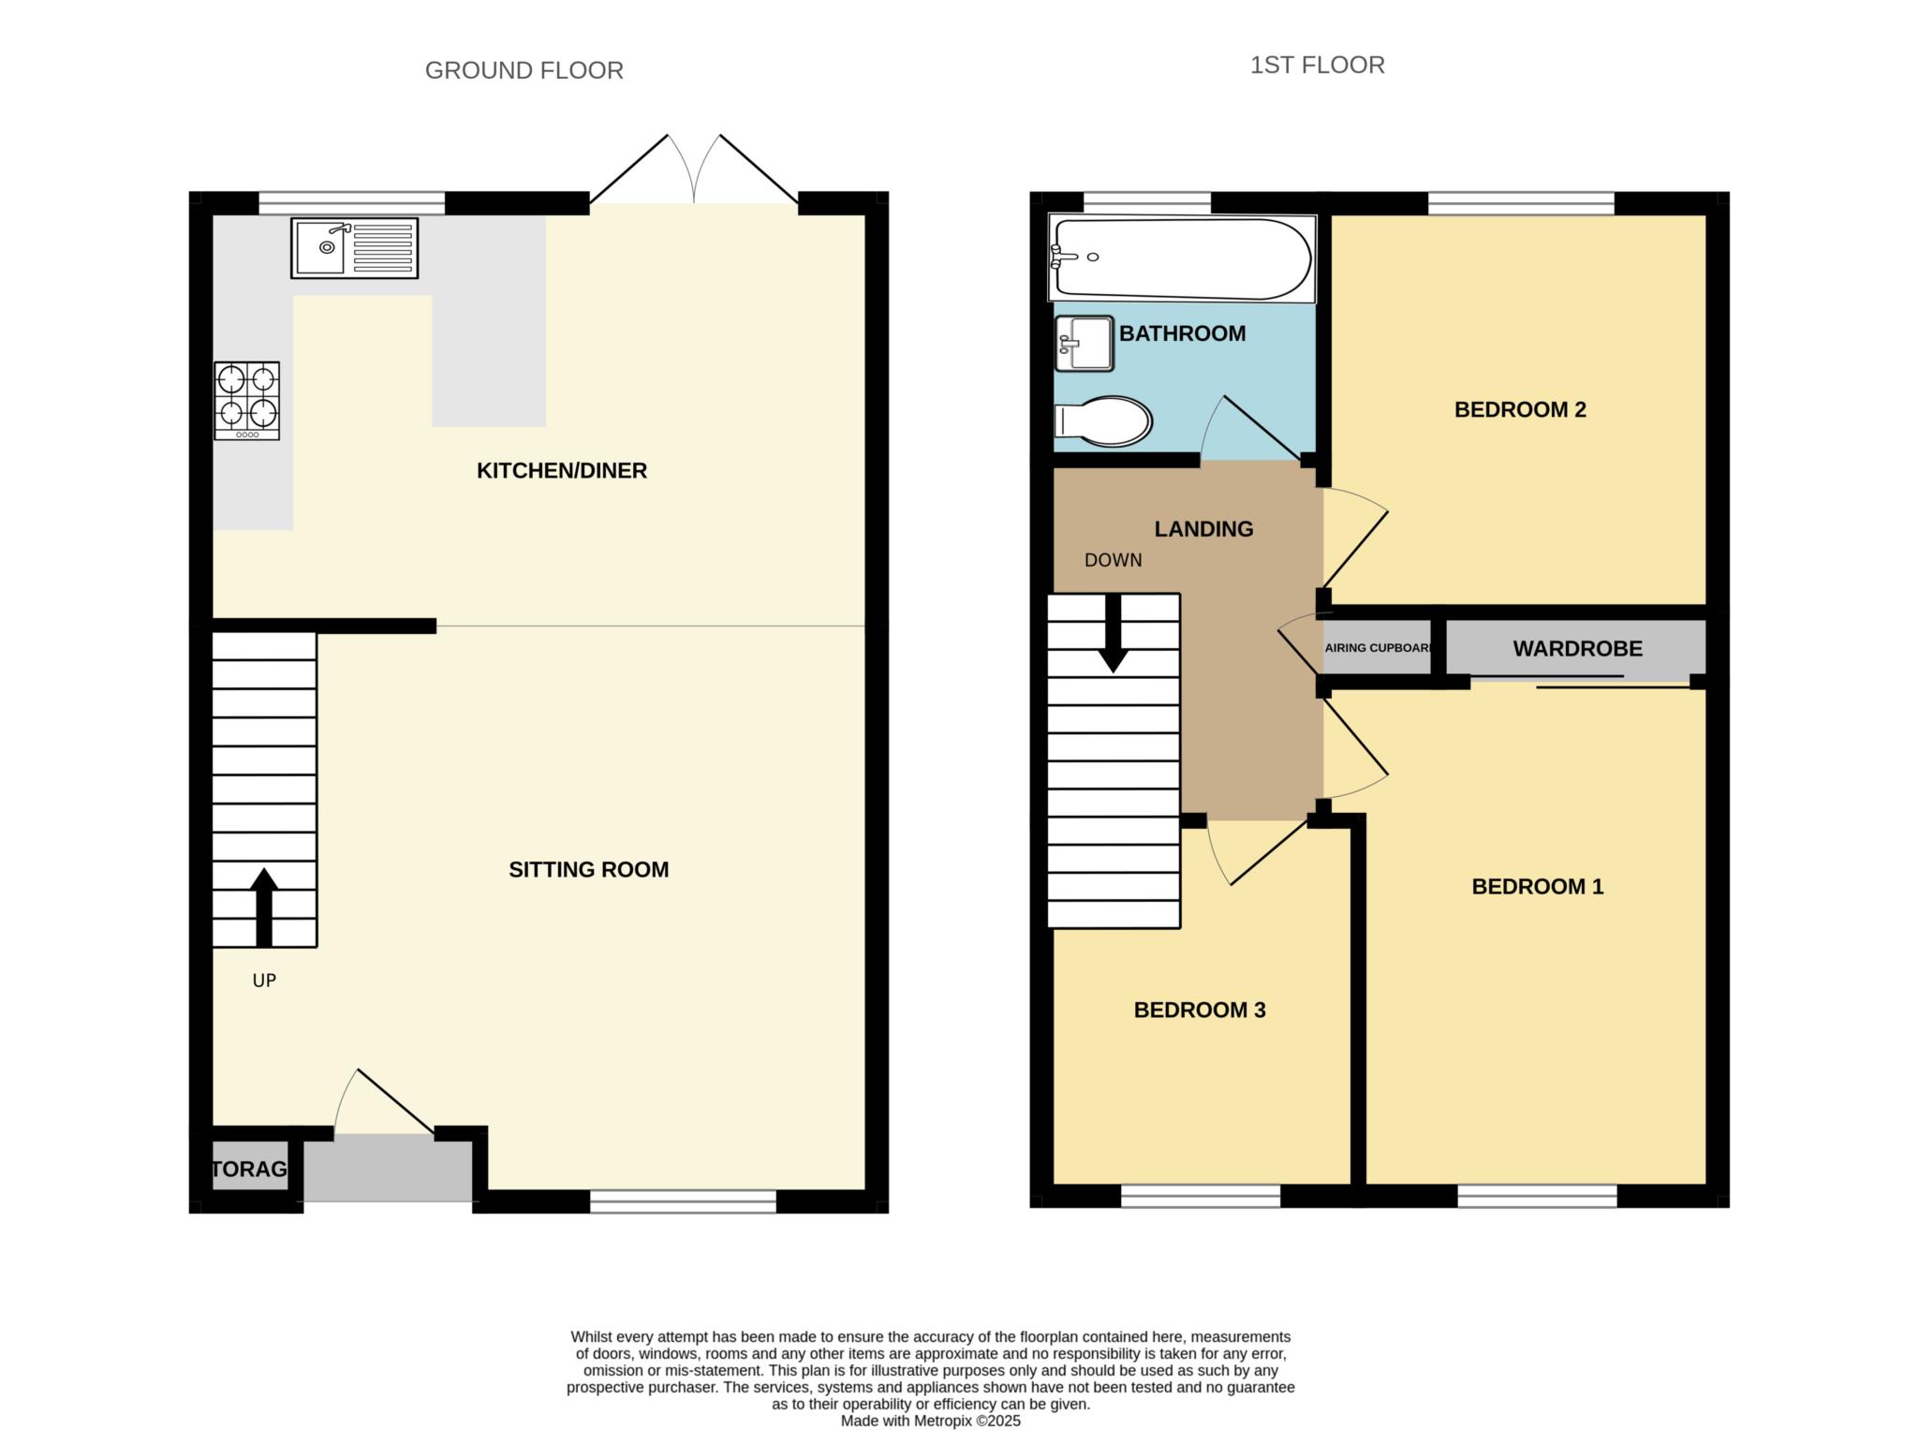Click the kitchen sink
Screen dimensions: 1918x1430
[x=354, y=248]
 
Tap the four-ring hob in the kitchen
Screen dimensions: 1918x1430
[x=247, y=401]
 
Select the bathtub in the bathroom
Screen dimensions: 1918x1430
[x=1183, y=258]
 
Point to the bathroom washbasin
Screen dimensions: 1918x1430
[x=1084, y=344]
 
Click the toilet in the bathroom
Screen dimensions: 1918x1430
[x=1103, y=421]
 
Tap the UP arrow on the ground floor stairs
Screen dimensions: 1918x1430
[x=264, y=907]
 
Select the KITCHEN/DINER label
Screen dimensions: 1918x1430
[x=562, y=470]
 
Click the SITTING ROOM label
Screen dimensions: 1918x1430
[x=589, y=869]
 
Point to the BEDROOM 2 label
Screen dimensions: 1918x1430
[x=1520, y=409]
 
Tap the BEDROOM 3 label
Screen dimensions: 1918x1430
[x=1200, y=1010]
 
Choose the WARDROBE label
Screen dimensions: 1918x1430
[x=1578, y=648]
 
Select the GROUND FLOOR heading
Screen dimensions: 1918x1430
[x=524, y=70]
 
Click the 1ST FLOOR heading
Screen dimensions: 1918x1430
[x=1318, y=65]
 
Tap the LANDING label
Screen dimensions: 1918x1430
[x=1203, y=529]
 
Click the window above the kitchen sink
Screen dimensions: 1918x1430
[x=352, y=203]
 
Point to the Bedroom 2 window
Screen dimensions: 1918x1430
[x=1522, y=203]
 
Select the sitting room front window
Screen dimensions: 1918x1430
[x=684, y=1201]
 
